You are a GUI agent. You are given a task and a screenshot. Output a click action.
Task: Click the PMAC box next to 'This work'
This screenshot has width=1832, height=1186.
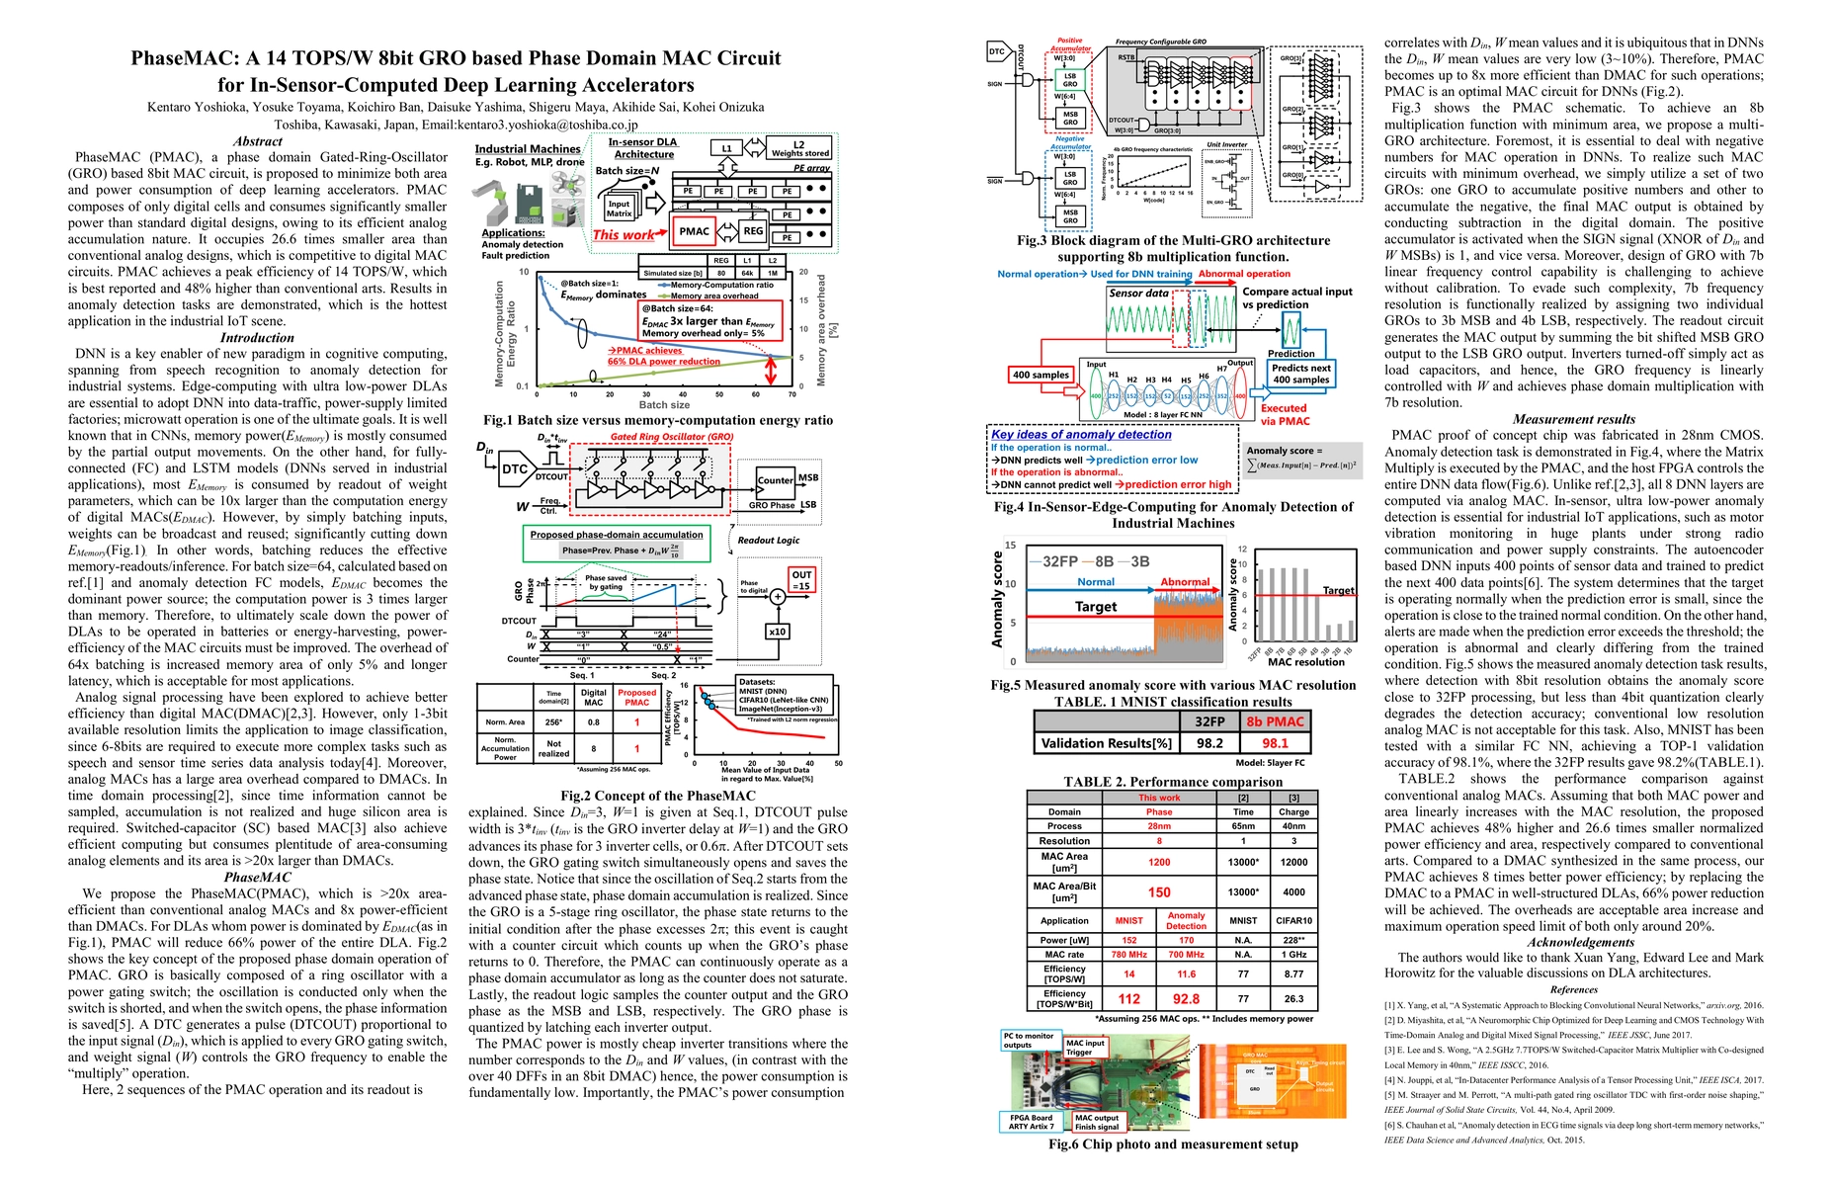(x=694, y=231)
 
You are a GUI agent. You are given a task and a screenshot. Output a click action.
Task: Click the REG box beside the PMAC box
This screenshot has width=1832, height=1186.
(x=753, y=231)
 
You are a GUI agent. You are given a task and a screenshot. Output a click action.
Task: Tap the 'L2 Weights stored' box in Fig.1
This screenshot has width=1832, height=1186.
(x=799, y=148)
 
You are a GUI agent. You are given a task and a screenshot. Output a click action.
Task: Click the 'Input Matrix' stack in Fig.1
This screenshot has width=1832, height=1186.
(x=620, y=209)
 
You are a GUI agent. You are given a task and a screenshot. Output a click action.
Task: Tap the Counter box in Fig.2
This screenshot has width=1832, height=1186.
(x=775, y=480)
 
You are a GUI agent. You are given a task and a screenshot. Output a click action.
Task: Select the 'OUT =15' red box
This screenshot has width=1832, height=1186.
(x=801, y=580)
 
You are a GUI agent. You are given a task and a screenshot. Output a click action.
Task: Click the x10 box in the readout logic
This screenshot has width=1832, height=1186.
(x=777, y=632)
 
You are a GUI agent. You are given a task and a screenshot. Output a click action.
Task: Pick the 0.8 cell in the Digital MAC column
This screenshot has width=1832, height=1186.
(x=593, y=722)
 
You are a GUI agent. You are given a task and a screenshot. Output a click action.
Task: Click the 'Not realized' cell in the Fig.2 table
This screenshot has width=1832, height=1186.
(x=553, y=748)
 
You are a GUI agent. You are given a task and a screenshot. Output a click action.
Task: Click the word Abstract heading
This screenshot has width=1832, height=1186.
(x=257, y=141)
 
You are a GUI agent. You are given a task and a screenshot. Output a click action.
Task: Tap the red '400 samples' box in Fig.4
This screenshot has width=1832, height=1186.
(x=1040, y=375)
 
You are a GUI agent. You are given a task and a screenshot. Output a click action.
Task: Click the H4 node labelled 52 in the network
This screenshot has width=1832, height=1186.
(x=1167, y=396)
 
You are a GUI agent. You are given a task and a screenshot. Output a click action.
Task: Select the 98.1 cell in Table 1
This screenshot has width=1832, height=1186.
(x=1275, y=743)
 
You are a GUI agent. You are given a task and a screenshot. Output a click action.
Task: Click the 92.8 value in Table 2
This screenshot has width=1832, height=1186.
(x=1186, y=999)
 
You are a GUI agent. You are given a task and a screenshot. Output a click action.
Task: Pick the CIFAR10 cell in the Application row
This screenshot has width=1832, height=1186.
(x=1293, y=920)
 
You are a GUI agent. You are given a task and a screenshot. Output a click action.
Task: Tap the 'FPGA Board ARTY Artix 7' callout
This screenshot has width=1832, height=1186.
(x=1031, y=1123)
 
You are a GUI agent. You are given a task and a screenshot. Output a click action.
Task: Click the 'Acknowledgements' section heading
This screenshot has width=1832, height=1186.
(x=1573, y=942)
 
